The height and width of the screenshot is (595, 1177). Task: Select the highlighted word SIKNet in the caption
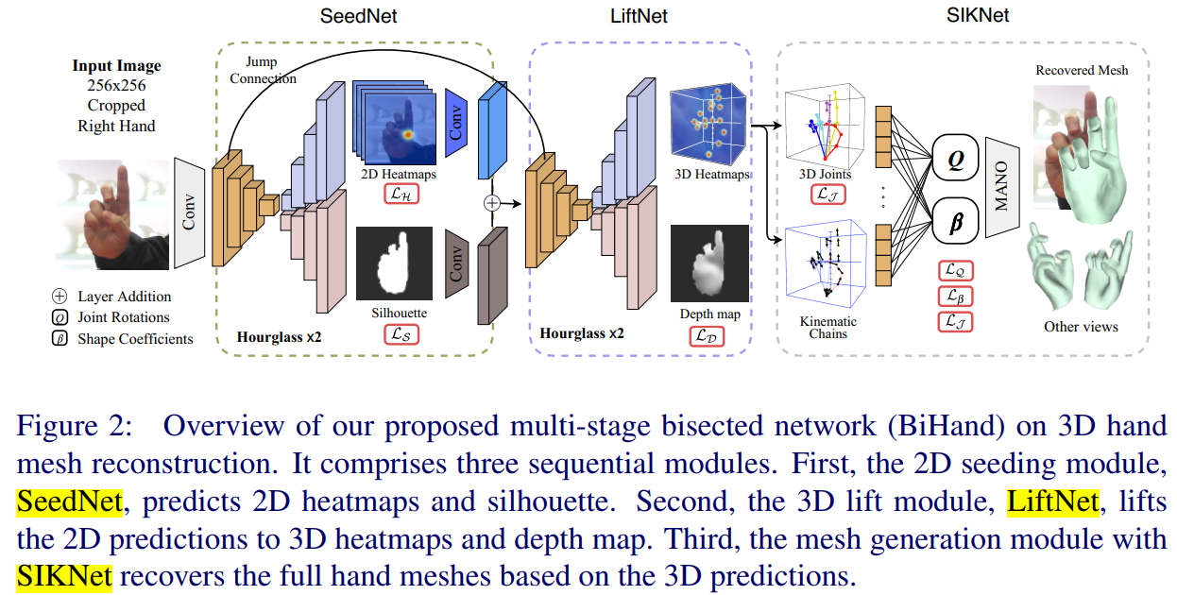[64, 574]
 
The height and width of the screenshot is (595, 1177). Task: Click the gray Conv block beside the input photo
[189, 212]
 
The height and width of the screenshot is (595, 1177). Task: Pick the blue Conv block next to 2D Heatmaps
[456, 117]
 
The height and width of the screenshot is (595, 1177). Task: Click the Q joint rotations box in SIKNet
[954, 161]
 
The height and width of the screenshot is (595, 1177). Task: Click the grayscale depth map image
[708, 263]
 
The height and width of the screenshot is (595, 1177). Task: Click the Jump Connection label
[263, 70]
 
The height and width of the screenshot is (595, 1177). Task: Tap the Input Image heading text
[116, 66]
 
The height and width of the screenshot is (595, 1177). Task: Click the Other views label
[1081, 326]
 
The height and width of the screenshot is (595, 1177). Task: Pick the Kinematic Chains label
[827, 326]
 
